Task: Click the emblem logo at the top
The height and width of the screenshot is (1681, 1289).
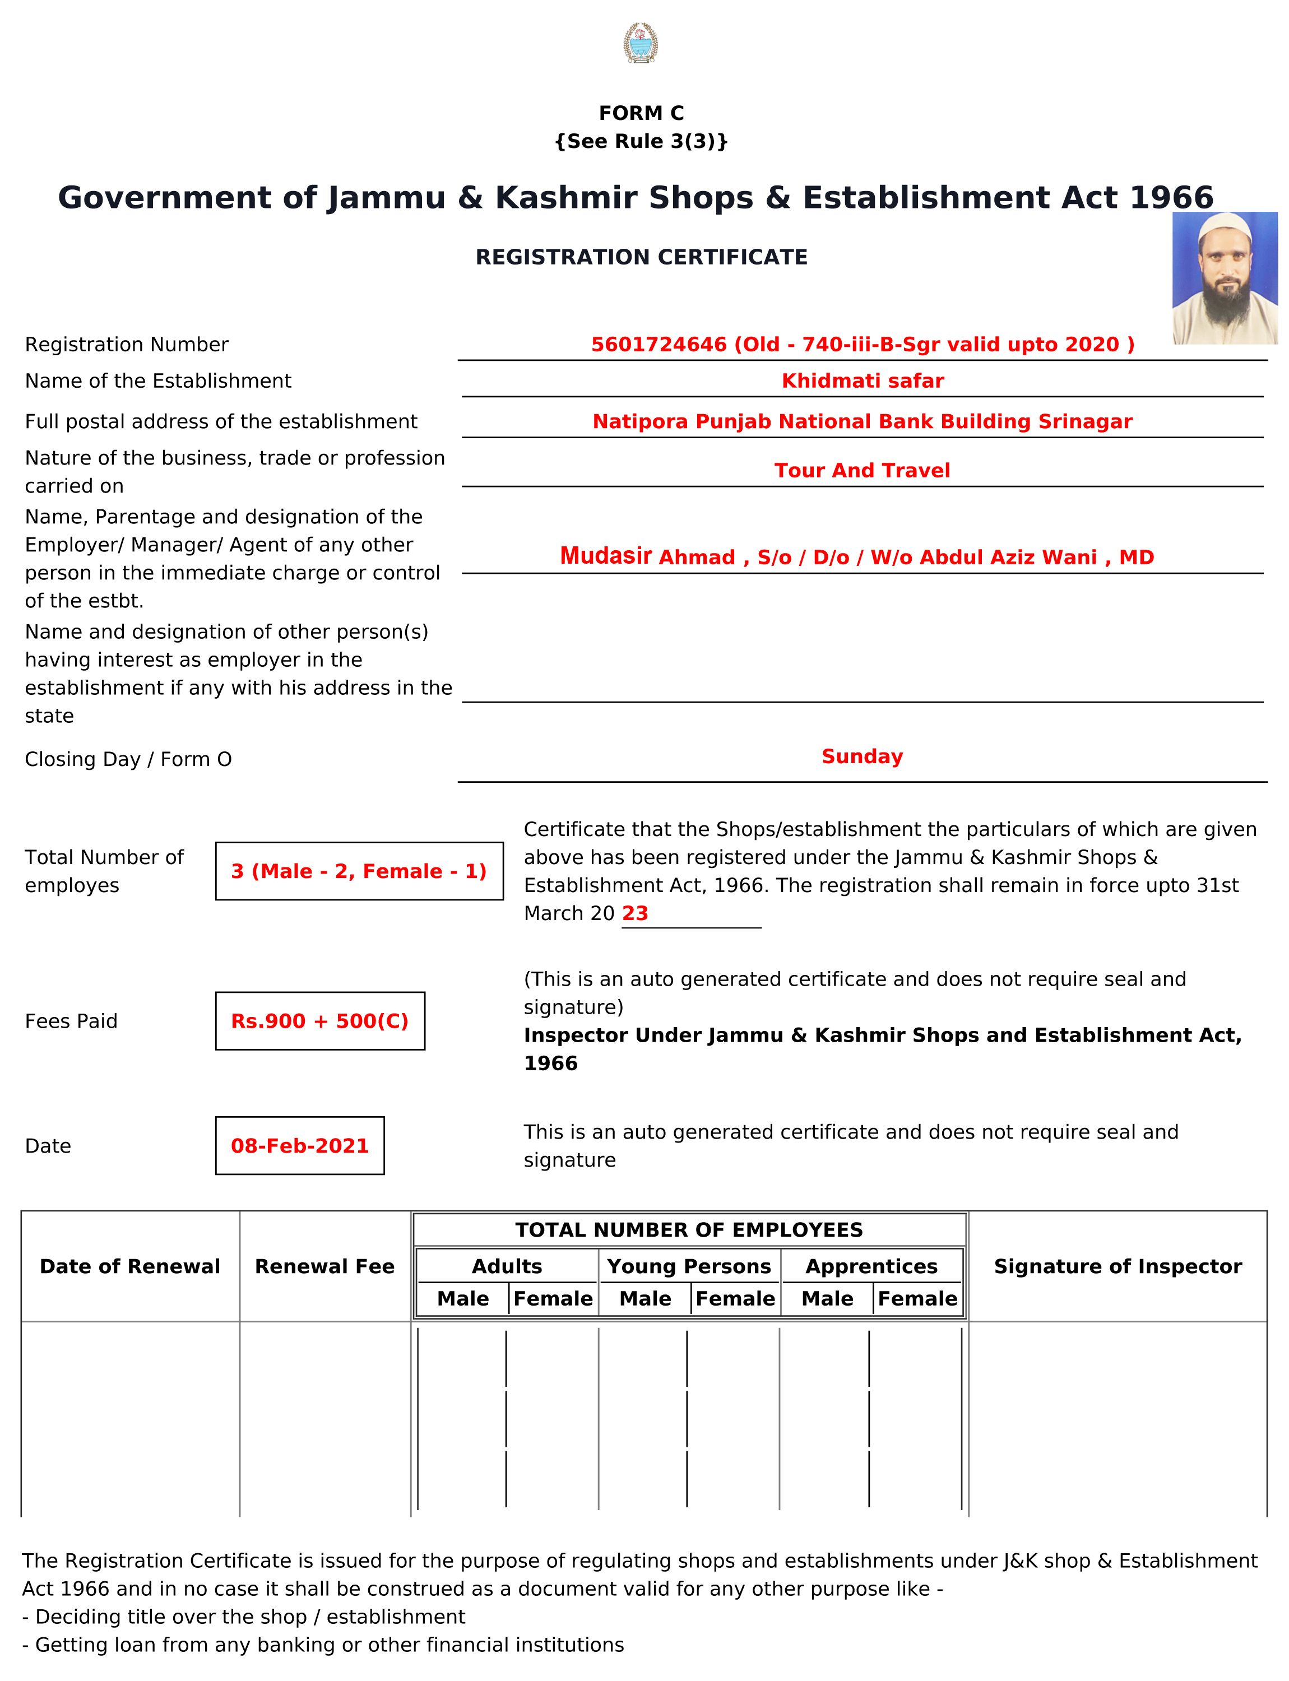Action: pos(640,43)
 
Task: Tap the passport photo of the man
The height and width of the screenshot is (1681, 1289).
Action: pos(1224,278)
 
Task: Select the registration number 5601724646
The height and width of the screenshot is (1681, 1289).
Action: pos(659,345)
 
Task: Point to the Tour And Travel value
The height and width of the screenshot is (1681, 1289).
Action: pos(861,470)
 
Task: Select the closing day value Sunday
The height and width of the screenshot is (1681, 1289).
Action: pos(861,756)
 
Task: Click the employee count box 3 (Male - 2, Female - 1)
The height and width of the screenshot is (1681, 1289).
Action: pos(359,871)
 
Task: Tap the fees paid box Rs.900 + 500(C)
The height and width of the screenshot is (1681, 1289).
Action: pos(320,1021)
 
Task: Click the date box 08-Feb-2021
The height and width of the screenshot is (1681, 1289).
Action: pos(300,1145)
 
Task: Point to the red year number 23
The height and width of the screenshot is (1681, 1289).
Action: pos(636,913)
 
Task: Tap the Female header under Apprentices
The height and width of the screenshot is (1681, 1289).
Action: pos(917,1299)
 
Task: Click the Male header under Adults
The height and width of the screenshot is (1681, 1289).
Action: pos(463,1299)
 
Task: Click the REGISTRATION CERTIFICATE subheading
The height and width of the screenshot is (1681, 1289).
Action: pos(642,257)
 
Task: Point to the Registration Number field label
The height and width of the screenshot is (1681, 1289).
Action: pos(127,345)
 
